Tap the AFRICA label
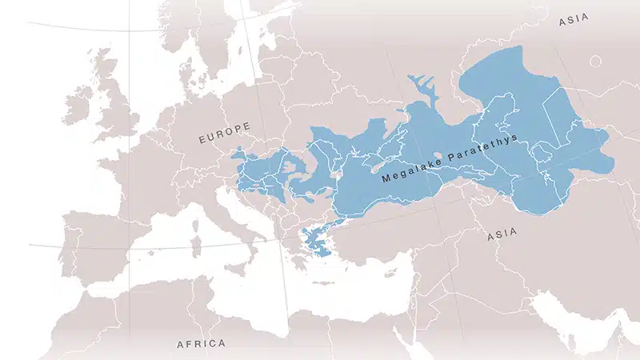(x=201, y=344)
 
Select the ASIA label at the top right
(x=574, y=22)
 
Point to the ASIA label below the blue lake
(x=501, y=234)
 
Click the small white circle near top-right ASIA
(x=595, y=61)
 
